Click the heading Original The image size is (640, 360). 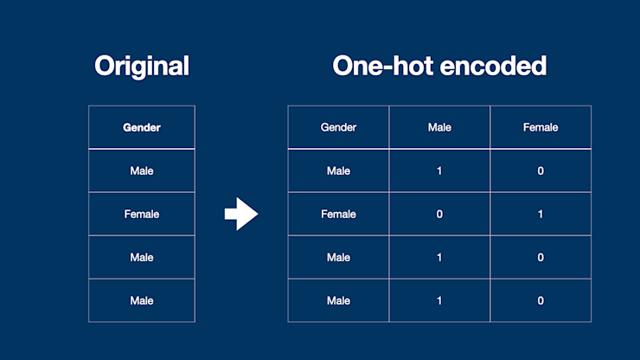coord(142,66)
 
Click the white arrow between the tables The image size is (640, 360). coord(241,214)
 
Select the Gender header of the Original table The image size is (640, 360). coord(142,127)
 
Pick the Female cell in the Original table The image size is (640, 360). coord(142,214)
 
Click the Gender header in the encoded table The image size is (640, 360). coord(338,127)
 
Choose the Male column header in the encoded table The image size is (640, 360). coord(439,127)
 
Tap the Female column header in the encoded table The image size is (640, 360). coord(541,127)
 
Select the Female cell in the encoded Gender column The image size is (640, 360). coord(338,214)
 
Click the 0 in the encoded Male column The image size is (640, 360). coord(439,214)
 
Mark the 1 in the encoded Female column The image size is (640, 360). coord(541,214)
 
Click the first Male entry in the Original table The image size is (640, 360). coord(142,170)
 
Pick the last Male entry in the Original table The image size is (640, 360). coord(142,300)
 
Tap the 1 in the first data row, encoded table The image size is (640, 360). coord(439,170)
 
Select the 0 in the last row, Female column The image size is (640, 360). coord(541,300)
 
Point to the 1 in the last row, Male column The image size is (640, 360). coord(439,300)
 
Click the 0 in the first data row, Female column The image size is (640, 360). coord(541,170)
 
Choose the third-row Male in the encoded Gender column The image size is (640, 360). coord(338,257)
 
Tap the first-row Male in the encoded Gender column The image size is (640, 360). coord(338,170)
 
